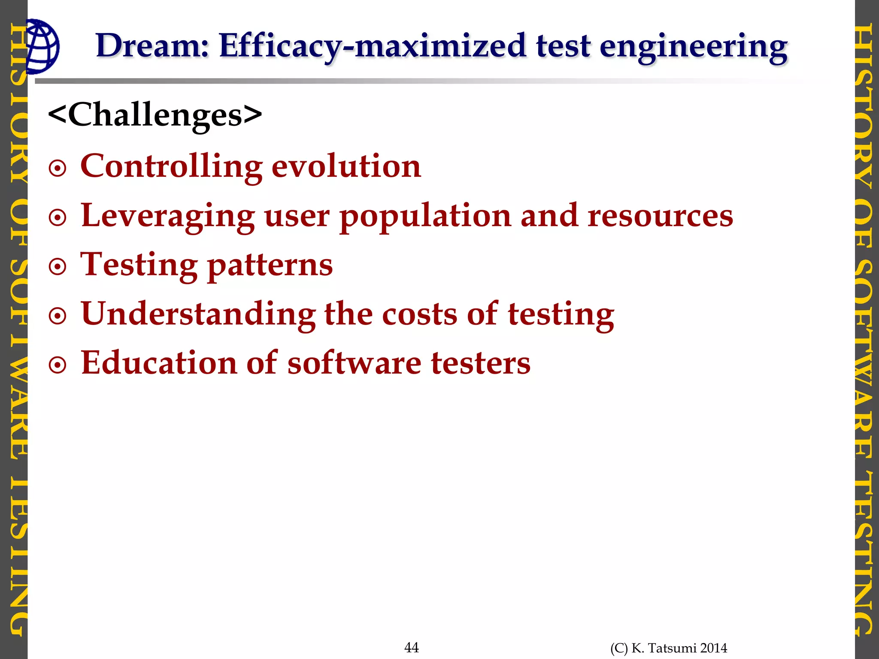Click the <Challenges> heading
coord(155,115)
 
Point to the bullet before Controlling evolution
coord(58,169)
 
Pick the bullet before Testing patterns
coord(58,267)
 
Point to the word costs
coord(419,314)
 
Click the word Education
coord(159,363)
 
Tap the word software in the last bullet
coord(354,363)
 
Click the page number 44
coord(411,647)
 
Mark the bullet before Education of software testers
coord(58,366)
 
